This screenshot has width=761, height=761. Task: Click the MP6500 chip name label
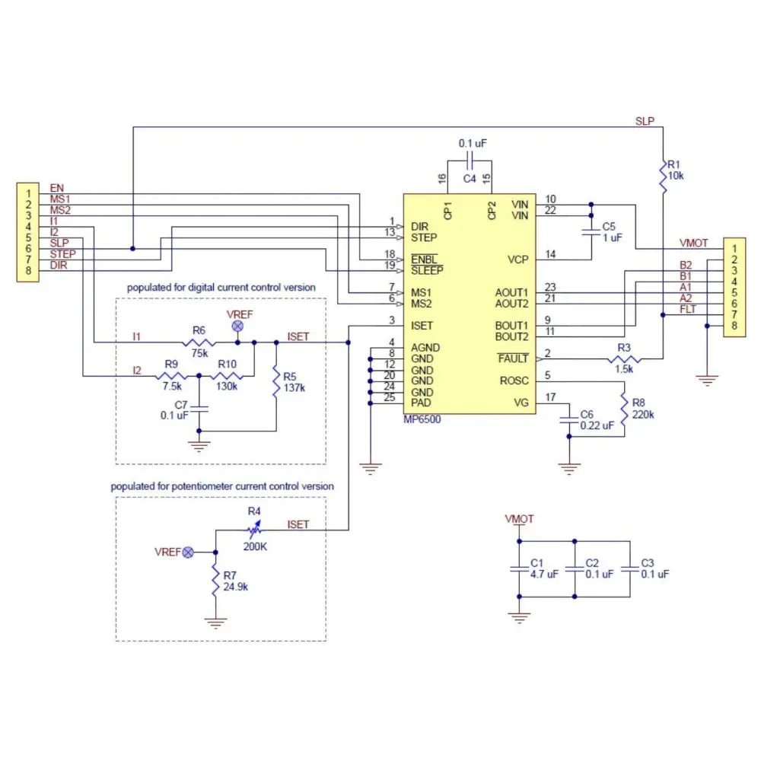(423, 419)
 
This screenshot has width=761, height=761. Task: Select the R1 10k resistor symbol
(664, 177)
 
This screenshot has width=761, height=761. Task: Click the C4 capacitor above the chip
(470, 161)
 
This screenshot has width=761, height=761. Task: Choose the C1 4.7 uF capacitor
(519, 568)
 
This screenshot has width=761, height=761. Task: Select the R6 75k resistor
(199, 342)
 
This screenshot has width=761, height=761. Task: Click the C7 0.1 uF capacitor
(199, 408)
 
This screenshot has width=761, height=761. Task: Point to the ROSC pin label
(513, 380)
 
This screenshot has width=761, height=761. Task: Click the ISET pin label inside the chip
(421, 325)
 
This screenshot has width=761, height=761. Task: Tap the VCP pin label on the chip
(517, 260)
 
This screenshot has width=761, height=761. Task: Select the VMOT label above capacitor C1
(519, 519)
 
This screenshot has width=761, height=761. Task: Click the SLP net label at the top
(645, 121)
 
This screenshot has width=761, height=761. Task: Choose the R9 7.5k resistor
(170, 375)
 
